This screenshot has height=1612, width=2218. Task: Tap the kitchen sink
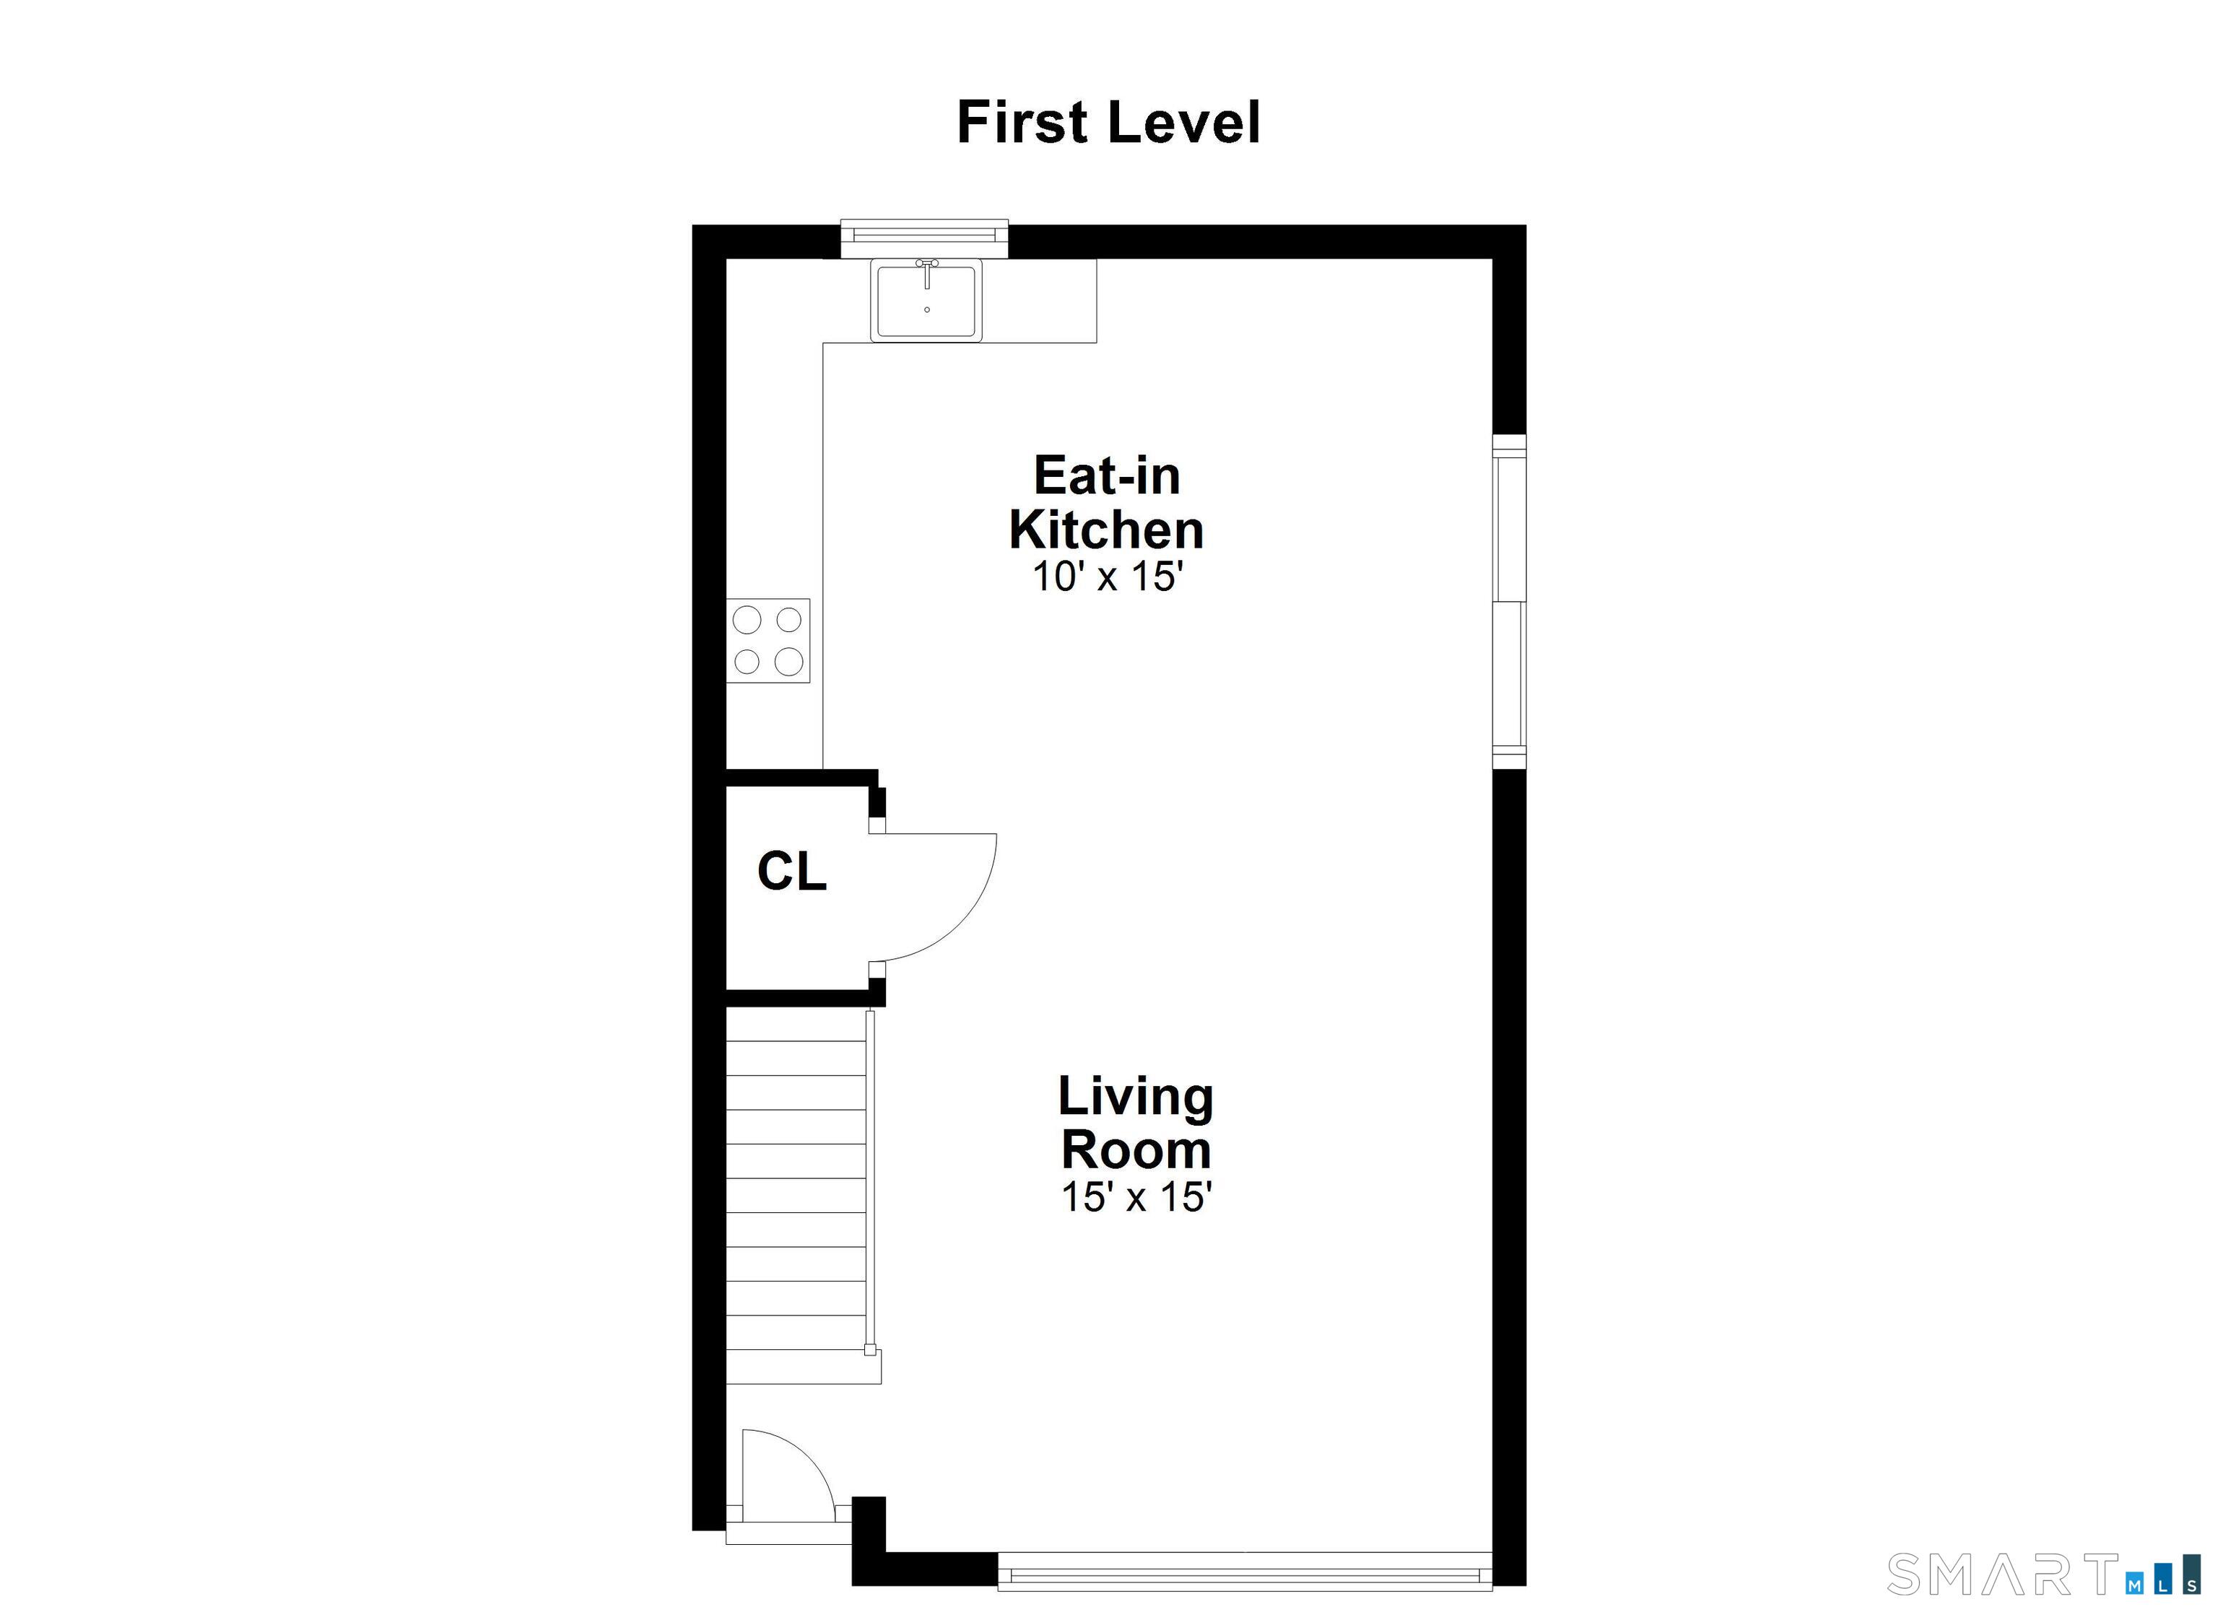point(926,300)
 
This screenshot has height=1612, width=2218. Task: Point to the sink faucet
point(926,273)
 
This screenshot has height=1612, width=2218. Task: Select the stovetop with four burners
point(767,640)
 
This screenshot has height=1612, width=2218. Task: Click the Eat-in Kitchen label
point(1106,502)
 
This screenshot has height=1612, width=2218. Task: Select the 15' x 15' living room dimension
point(1136,1196)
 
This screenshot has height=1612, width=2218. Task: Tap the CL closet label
point(792,871)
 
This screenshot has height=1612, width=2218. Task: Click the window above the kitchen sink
point(924,232)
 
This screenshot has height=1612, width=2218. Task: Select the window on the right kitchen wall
point(1509,600)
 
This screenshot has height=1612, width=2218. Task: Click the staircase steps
point(796,1195)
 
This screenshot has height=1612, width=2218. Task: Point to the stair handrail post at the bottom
point(869,1350)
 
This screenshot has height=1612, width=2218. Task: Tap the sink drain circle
point(926,310)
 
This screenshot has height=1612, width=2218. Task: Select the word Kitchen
point(1106,530)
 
